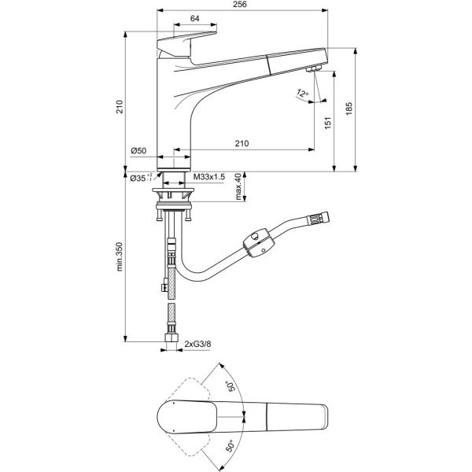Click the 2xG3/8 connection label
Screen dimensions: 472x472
pyautogui.click(x=198, y=344)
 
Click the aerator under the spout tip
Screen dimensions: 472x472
pyautogui.click(x=312, y=70)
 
